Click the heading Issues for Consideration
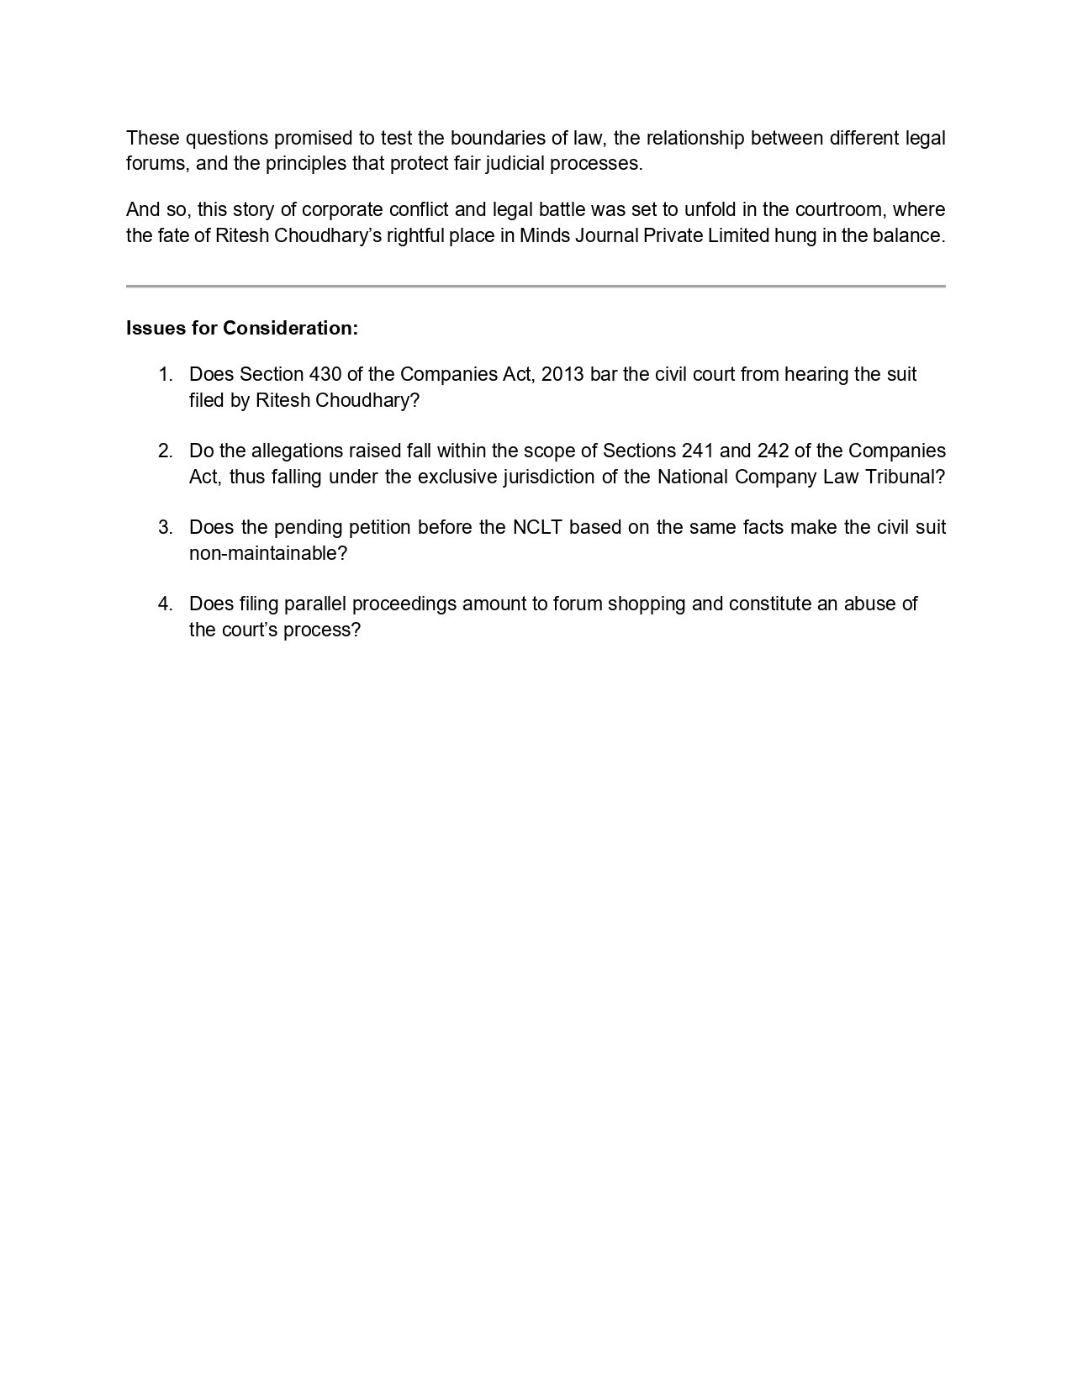(x=242, y=328)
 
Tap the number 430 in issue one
(x=325, y=374)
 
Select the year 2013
(x=562, y=374)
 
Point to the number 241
(x=698, y=451)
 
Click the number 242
(x=773, y=451)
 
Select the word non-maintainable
(x=268, y=553)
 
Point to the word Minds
(x=544, y=235)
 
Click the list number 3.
(x=165, y=527)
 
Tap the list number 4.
(x=165, y=604)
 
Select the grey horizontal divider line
(x=536, y=287)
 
